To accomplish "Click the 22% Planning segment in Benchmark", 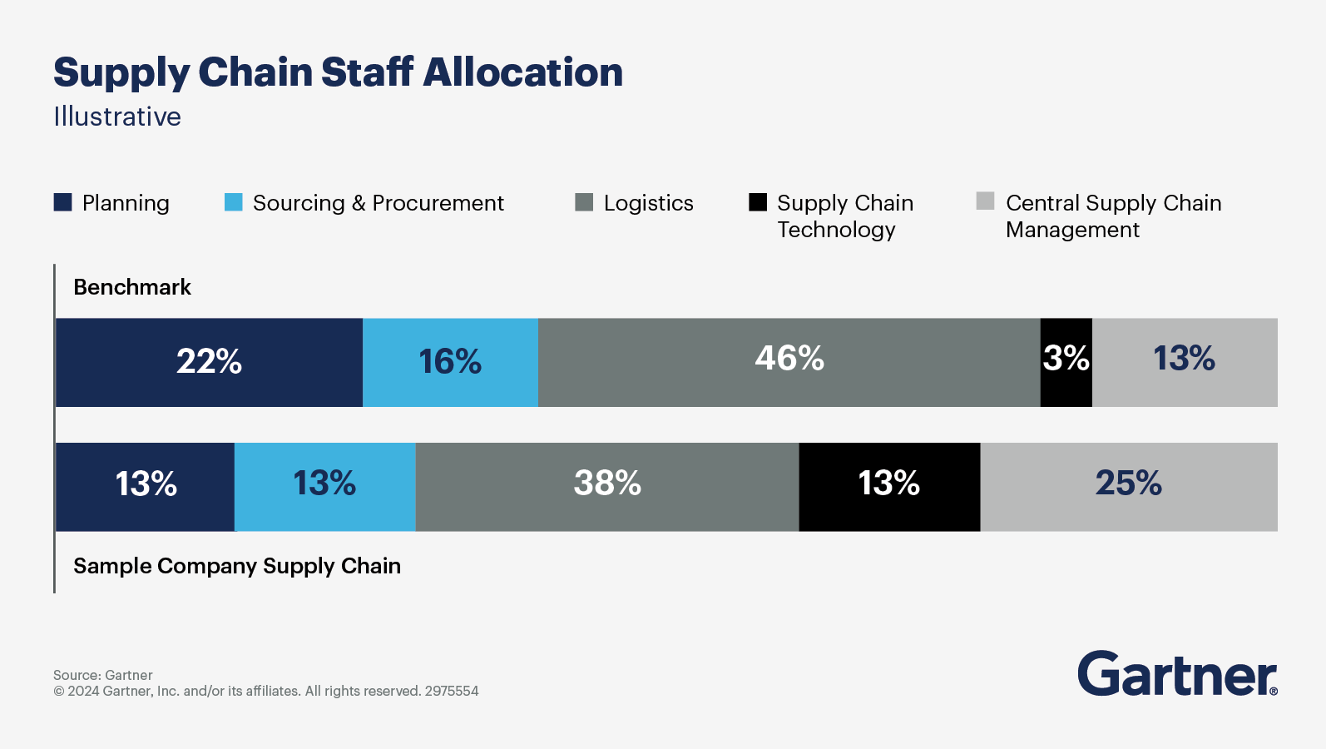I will (209, 362).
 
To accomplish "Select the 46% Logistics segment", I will (789, 362).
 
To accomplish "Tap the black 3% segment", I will (1066, 362).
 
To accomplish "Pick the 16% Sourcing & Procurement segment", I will (450, 362).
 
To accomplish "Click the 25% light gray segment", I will (1128, 486).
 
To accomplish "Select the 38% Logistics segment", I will (607, 486).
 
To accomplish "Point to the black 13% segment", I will (888, 486).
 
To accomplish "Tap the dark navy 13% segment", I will (146, 486).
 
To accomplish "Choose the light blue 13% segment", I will (324, 486).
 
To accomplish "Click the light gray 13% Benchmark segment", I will (1184, 362).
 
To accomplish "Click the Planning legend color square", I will (63, 202).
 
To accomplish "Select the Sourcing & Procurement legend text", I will (378, 203).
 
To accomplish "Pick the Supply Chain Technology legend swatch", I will (758, 202).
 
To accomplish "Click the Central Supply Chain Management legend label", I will (1112, 216).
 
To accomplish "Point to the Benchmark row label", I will (132, 287).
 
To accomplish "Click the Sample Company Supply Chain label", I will (237, 566).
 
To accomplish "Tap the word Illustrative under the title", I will (117, 117).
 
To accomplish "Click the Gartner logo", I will (1176, 673).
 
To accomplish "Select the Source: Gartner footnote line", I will (103, 675).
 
